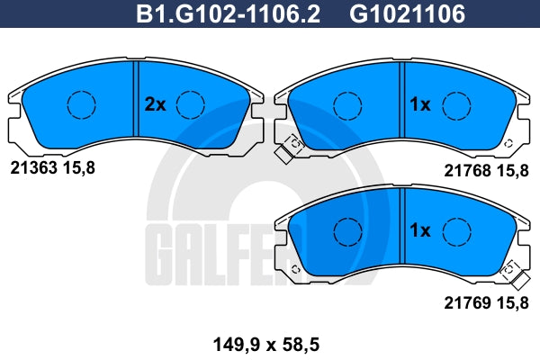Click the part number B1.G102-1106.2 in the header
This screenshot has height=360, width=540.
[228, 13]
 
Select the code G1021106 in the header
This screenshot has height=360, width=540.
[407, 13]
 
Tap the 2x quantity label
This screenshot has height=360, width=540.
[155, 104]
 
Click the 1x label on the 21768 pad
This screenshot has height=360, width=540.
[419, 104]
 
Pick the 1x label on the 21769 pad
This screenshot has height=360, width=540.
[419, 230]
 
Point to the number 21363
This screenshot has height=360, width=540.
[33, 168]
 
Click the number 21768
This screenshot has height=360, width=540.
[467, 170]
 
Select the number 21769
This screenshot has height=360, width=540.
[467, 302]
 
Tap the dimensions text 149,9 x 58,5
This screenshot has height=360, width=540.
[266, 344]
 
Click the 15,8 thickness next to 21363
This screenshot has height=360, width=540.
[78, 168]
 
